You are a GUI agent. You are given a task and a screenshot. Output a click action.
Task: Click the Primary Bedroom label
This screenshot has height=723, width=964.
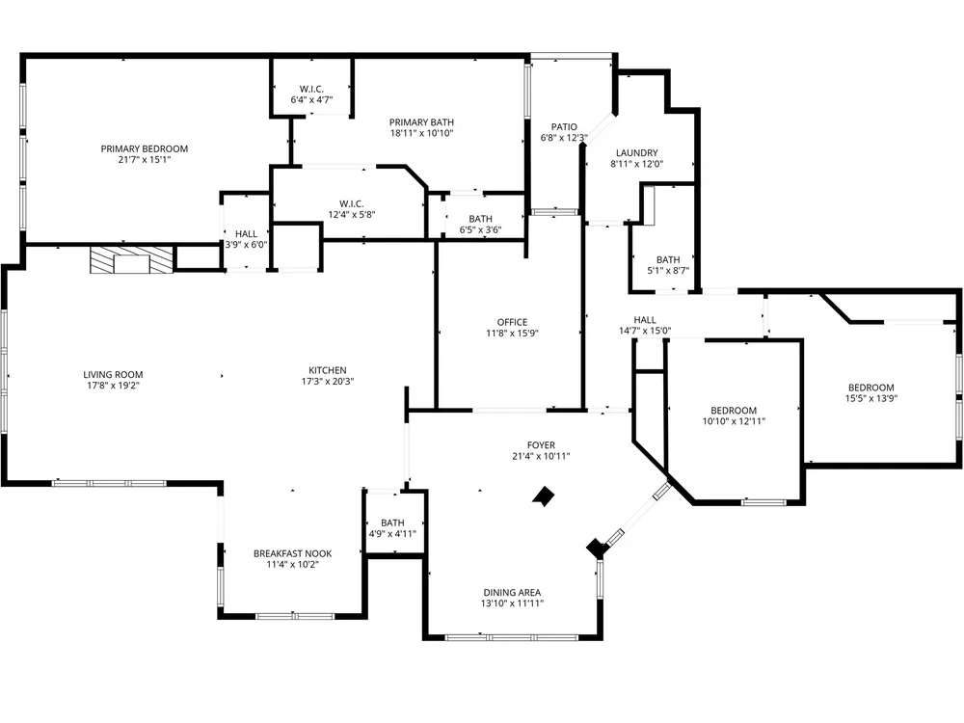coord(145,148)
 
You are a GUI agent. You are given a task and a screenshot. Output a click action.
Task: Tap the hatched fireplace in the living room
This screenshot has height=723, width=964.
coord(131,260)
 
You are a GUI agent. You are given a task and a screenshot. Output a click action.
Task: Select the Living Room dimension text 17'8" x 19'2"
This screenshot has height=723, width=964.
coord(113,386)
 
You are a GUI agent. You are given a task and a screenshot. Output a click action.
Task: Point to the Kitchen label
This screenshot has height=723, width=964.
coord(328,370)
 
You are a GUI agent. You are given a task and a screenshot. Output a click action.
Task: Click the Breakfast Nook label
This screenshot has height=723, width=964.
coord(293,553)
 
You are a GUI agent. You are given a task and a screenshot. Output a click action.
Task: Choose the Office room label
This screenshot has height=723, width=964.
coord(512,322)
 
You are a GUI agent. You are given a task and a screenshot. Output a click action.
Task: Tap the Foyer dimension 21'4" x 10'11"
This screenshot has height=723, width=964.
coord(541,456)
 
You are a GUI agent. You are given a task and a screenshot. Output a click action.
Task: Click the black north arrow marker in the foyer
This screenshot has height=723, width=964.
coord(543,496)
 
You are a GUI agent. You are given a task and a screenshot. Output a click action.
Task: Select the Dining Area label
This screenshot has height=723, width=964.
coord(512,593)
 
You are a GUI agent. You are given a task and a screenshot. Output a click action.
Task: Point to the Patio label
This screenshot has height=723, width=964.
coord(564,127)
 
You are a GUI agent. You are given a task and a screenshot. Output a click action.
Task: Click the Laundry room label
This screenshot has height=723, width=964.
coord(637,153)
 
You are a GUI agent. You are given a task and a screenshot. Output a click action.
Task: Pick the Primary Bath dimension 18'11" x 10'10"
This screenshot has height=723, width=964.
coord(422,133)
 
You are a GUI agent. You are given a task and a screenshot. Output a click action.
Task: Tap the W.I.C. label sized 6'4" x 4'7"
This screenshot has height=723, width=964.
coord(311,89)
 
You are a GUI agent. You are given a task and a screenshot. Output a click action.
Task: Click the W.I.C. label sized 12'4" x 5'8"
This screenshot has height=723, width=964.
coord(352,203)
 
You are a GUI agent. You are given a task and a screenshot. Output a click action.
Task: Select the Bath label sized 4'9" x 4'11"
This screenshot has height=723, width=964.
coord(393,522)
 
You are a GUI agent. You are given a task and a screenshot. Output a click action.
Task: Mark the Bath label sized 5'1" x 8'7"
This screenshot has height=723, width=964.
coord(668,259)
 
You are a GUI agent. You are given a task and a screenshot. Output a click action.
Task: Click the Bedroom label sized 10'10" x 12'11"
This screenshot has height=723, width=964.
coord(734,410)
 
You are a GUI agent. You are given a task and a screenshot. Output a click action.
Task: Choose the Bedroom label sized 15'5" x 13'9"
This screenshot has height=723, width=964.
coord(871,388)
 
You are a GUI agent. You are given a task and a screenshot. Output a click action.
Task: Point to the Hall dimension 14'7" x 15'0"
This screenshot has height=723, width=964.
coord(645,331)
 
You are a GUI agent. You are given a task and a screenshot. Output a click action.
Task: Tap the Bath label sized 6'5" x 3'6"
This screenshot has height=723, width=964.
coord(481,219)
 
